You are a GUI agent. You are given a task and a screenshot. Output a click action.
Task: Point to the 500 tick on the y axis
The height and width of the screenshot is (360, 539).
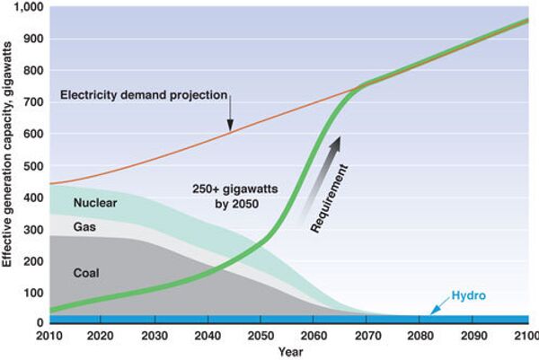pos(31,166)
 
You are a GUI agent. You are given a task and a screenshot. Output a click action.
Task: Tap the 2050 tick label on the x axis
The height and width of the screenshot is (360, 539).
pos(261,335)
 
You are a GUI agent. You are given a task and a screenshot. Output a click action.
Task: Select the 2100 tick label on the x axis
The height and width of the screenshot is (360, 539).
pos(526,335)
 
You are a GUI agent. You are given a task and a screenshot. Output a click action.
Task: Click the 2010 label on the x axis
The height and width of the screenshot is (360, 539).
pos(50,335)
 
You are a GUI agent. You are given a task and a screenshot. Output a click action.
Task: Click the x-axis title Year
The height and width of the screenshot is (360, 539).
pos(288,351)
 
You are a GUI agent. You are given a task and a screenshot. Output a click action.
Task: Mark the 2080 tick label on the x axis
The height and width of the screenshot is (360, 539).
pos(420,335)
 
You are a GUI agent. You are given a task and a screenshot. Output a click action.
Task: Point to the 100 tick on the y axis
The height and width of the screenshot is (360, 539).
pos(31,293)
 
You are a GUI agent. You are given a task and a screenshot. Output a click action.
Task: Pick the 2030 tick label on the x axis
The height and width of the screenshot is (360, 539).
pos(155,335)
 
